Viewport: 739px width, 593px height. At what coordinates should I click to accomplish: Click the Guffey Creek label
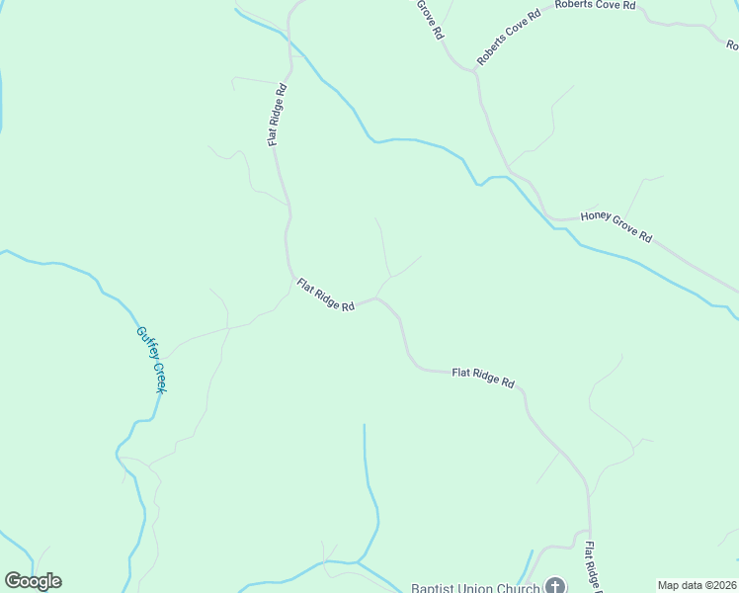pyautogui.click(x=150, y=360)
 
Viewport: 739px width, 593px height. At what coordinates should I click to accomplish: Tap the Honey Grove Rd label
pyautogui.click(x=616, y=227)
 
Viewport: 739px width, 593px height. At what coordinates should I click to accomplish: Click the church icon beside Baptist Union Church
pyautogui.click(x=555, y=586)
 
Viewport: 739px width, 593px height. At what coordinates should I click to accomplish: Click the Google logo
pyautogui.click(x=33, y=581)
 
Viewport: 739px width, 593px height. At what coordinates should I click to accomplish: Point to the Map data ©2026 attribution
pyautogui.click(x=698, y=585)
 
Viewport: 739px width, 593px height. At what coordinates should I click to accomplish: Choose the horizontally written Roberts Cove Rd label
pyautogui.click(x=595, y=5)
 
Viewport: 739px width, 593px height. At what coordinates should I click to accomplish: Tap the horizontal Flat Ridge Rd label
pyautogui.click(x=483, y=376)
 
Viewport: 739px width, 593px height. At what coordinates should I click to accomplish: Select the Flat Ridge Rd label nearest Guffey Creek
pyautogui.click(x=325, y=295)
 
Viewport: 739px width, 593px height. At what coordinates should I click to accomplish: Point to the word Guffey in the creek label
pyautogui.click(x=144, y=342)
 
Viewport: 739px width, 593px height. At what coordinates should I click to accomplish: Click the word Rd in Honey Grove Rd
pyautogui.click(x=645, y=238)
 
